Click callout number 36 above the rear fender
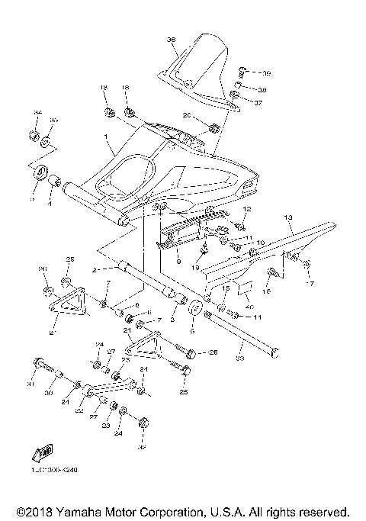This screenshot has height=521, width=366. point(171,40)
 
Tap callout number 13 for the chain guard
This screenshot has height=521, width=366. point(288,217)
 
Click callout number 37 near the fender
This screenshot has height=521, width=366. point(258,102)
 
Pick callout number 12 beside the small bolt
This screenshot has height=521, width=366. point(246,209)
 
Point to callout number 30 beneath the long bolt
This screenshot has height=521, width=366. point(47,394)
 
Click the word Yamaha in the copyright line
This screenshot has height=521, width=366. point(74,510)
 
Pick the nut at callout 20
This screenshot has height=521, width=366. point(214,125)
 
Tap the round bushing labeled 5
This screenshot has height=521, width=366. point(192,310)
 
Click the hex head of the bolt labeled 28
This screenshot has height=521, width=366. point(190,353)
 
